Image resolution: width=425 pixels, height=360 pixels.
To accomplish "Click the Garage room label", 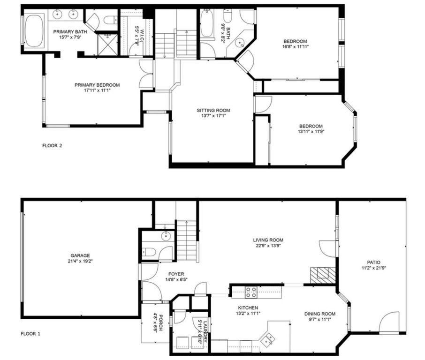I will [80, 255].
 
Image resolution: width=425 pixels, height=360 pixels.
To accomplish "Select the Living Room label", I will [269, 240].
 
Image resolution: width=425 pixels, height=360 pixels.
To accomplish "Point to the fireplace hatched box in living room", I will [323, 275].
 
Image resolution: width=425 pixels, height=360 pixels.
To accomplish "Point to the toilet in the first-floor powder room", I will [148, 252].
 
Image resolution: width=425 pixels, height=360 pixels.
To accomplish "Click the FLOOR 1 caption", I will [31, 334].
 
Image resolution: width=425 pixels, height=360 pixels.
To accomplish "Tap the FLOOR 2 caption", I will [52, 145].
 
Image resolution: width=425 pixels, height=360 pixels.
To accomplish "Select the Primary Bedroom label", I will [97, 85].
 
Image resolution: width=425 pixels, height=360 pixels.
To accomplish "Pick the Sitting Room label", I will [213, 111].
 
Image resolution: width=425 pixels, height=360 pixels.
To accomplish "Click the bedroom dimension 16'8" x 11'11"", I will [295, 46].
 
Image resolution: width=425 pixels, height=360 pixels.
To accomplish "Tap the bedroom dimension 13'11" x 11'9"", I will [311, 131].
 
